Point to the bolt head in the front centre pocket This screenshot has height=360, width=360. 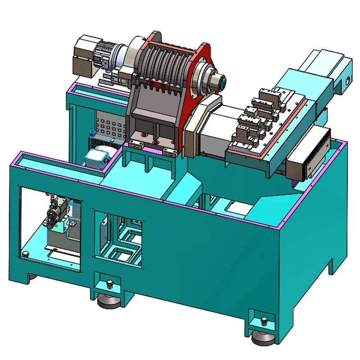(x=109, y=283)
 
